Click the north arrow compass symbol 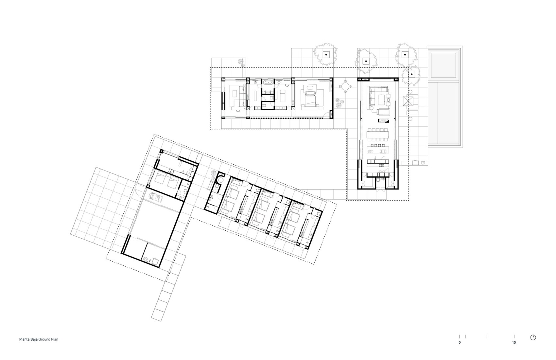pyautogui.click(x=533, y=337)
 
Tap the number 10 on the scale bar pyautogui.click(x=514, y=342)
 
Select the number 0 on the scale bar pyautogui.click(x=460, y=342)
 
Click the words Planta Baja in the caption pyautogui.click(x=28, y=339)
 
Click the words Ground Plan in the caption pyautogui.click(x=48, y=339)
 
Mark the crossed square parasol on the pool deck pyautogui.click(x=408, y=100)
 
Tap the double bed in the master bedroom pyautogui.click(x=310, y=99)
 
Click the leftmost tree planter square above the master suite pyautogui.click(x=326, y=55)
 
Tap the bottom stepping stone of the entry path pyautogui.click(x=157, y=316)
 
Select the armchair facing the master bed pyautogui.click(x=309, y=88)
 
